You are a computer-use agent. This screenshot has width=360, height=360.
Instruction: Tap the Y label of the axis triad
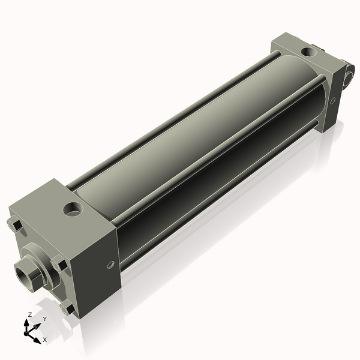(x=44, y=319)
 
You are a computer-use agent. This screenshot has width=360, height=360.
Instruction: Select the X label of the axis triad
(x=44, y=340)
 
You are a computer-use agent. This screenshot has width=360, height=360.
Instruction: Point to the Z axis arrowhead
(x=28, y=322)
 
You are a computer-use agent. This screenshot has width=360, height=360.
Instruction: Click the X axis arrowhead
(x=37, y=337)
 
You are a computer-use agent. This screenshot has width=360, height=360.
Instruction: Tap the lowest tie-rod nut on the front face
(x=66, y=309)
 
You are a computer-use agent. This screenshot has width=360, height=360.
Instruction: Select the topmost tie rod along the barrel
(x=174, y=111)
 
